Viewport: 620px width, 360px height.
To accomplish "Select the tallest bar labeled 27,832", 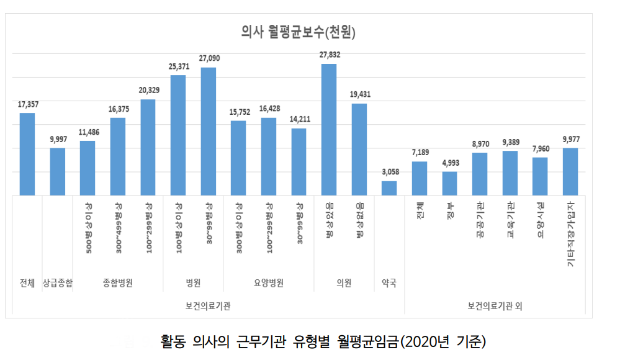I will tap(329, 130).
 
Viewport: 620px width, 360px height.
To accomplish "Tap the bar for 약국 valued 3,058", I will tap(389, 188).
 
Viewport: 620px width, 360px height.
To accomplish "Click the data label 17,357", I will tap(27, 104).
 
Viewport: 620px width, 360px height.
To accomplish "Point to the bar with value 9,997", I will tap(58, 171).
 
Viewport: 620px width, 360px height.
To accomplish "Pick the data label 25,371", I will tap(178, 66).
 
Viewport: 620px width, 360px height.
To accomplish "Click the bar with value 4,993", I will tap(450, 183).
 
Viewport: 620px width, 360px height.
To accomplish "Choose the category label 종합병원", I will tap(118, 283).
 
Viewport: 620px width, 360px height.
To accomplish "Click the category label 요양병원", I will tap(269, 283).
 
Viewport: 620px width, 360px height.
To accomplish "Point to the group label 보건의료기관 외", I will tap(495, 306).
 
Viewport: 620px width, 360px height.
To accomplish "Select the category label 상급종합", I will tap(58, 283).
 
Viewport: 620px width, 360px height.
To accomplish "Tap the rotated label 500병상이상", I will tap(88, 226).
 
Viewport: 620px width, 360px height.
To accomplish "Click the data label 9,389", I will tap(510, 142).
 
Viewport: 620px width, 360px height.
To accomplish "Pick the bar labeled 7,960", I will tap(541, 176).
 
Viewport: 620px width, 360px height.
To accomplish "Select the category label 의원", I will tap(344, 283).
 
